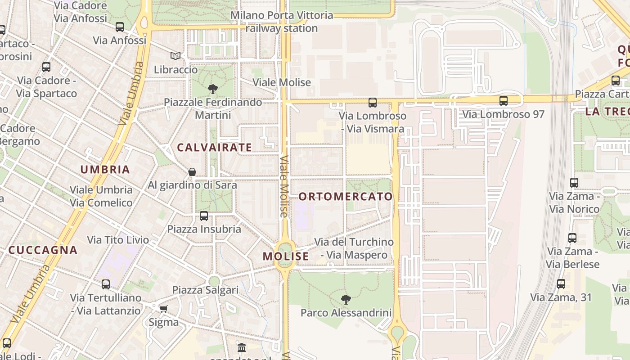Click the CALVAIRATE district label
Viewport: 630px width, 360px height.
pyautogui.click(x=214, y=148)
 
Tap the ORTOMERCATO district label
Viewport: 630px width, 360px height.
pyautogui.click(x=346, y=197)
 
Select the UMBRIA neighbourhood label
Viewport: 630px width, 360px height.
pyautogui.click(x=105, y=170)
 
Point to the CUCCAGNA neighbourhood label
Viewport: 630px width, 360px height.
pyautogui.click(x=43, y=250)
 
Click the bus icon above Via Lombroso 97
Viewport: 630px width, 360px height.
pyautogui.click(x=504, y=101)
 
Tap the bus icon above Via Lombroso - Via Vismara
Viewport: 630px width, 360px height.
pyautogui.click(x=373, y=103)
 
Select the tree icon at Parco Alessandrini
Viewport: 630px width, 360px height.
pyautogui.click(x=346, y=299)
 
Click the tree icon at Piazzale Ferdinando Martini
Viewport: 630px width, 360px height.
pyautogui.click(x=213, y=89)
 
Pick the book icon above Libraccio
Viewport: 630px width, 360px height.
pyautogui.click(x=175, y=56)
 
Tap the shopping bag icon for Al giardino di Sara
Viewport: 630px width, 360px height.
pyautogui.click(x=192, y=172)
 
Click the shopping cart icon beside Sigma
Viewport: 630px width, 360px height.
pyautogui.click(x=163, y=309)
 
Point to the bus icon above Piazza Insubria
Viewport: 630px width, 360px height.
pyautogui.click(x=204, y=216)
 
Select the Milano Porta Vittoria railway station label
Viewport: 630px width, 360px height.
pyautogui.click(x=282, y=22)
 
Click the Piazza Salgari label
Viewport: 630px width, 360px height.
pyautogui.click(x=205, y=290)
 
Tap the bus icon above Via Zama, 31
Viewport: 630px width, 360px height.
pyautogui.click(x=561, y=284)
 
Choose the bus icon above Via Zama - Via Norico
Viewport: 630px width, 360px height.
pyautogui.click(x=574, y=183)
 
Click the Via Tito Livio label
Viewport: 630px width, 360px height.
pyautogui.click(x=118, y=240)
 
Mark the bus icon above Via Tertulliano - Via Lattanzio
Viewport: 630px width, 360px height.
pyautogui.click(x=106, y=284)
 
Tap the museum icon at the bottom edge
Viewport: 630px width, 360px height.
pyautogui.click(x=242, y=348)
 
